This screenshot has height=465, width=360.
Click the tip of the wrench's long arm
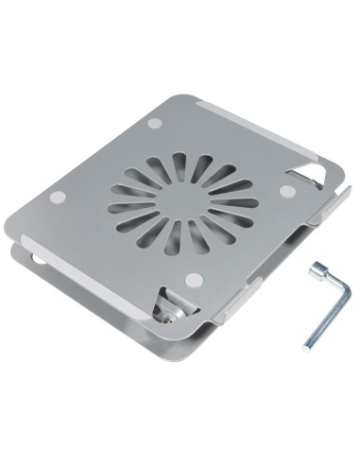pyautogui.click(x=307, y=346)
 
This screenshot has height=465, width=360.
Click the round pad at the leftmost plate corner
pyautogui.click(x=58, y=197)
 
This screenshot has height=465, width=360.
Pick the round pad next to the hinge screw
pyautogui.click(x=195, y=279)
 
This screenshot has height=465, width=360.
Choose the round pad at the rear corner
pyautogui.click(x=154, y=123)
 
